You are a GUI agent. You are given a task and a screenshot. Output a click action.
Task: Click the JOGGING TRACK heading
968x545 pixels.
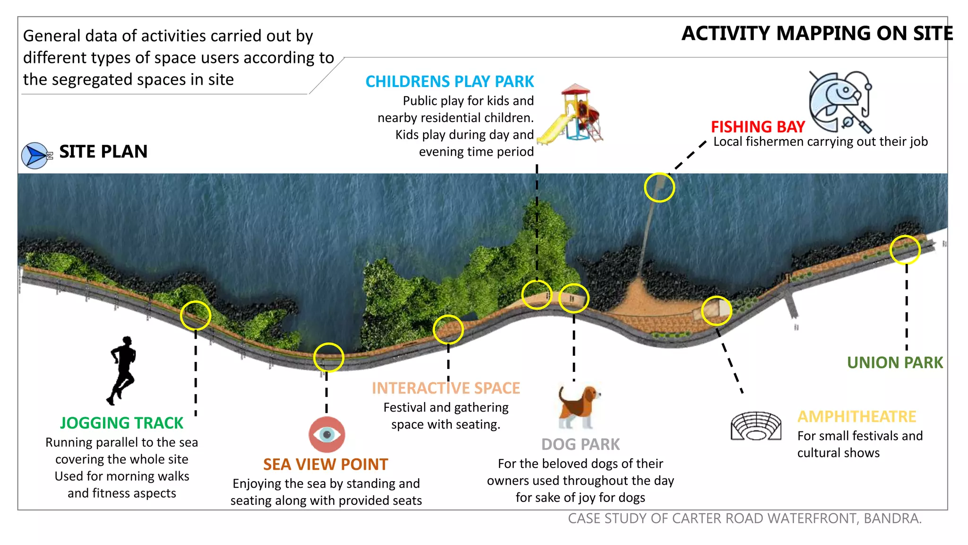tap(121, 423)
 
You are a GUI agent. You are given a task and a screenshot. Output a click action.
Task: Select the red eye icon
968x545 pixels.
tap(327, 434)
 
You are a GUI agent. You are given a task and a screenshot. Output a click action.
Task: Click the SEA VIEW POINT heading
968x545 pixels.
tap(326, 465)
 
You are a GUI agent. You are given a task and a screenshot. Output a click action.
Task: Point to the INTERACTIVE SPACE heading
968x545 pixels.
tap(446, 388)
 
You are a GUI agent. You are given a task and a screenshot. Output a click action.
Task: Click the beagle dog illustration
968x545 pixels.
tap(579, 407)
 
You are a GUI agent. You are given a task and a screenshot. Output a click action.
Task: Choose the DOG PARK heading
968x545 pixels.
tap(580, 445)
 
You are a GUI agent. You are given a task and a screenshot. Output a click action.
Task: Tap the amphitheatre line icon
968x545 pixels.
tap(756, 426)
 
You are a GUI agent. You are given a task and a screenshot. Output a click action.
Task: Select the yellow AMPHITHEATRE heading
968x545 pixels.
tap(857, 417)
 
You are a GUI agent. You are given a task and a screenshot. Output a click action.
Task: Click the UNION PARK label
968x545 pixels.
tap(895, 363)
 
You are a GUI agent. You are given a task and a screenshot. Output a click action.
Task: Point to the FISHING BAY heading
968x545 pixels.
tap(758, 127)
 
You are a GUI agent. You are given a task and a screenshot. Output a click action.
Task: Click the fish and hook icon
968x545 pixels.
tap(840, 102)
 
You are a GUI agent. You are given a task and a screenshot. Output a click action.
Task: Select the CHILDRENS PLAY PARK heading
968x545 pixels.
tap(449, 81)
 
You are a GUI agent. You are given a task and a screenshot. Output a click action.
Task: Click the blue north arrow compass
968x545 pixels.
tap(36, 156)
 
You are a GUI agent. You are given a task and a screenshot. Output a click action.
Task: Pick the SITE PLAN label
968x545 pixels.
tap(104, 152)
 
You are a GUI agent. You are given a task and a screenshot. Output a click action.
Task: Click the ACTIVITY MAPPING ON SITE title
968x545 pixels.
tap(817, 34)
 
